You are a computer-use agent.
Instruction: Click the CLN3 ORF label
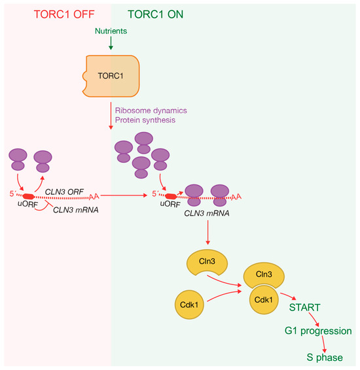64,192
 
